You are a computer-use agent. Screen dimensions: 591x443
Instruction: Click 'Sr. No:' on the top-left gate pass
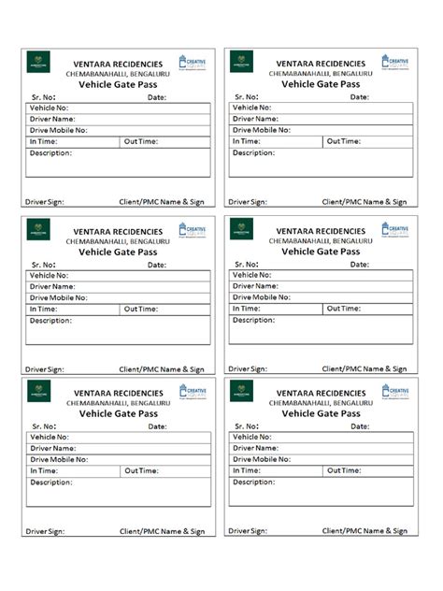[x=44, y=96]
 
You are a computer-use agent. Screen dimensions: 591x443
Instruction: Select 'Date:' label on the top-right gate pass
[x=360, y=96]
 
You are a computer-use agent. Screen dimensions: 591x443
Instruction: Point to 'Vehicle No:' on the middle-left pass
[x=49, y=275]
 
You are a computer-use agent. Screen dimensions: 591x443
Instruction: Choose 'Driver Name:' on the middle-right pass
[x=255, y=286]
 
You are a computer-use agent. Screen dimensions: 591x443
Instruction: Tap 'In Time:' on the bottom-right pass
[x=246, y=470]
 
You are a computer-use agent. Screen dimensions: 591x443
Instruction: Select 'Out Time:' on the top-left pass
[x=141, y=141]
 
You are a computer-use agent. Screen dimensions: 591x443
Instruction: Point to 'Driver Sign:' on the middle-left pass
[x=44, y=369]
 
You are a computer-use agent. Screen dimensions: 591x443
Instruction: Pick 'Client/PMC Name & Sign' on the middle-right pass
[x=364, y=369]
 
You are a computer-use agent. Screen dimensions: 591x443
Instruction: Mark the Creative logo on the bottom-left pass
[x=193, y=392]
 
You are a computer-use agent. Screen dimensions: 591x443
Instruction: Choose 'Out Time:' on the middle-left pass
[x=141, y=309]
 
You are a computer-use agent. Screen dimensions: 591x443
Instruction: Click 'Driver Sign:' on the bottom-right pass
[x=248, y=531]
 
